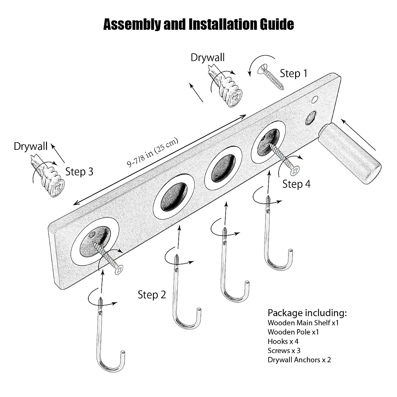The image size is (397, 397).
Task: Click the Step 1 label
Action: coord(293,73)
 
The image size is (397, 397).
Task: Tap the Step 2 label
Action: coord(152,294)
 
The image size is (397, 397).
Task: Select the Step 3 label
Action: coord(79,172)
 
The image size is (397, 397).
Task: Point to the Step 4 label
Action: coord(296,184)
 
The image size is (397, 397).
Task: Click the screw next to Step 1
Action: coord(271,77)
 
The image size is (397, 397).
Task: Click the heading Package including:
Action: coord(307,313)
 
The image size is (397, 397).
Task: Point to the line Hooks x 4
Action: coord(283,341)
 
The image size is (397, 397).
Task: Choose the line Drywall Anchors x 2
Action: coord(299,360)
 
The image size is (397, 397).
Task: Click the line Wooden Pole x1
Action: coord(293,332)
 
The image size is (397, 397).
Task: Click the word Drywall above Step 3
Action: coord(30,146)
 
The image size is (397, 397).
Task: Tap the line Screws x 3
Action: coord(284,350)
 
